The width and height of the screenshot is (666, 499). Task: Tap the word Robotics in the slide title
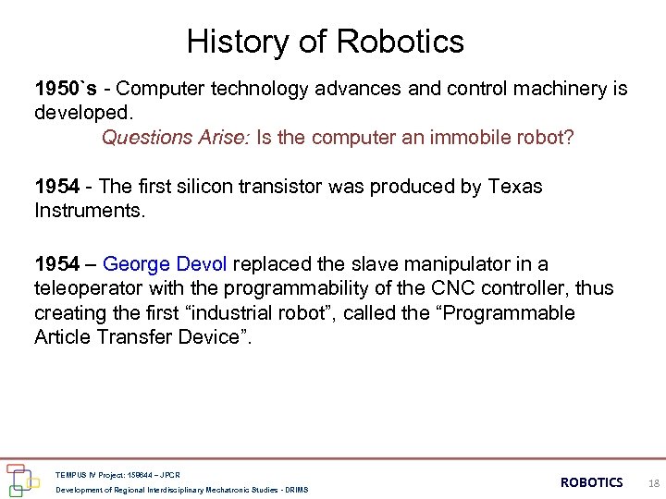tap(401, 42)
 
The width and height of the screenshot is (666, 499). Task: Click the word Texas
tap(513, 187)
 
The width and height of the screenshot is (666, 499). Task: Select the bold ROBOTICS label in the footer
tap(592, 482)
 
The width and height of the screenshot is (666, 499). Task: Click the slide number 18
tap(653, 482)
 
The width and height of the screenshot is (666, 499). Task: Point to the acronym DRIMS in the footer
tap(296, 489)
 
